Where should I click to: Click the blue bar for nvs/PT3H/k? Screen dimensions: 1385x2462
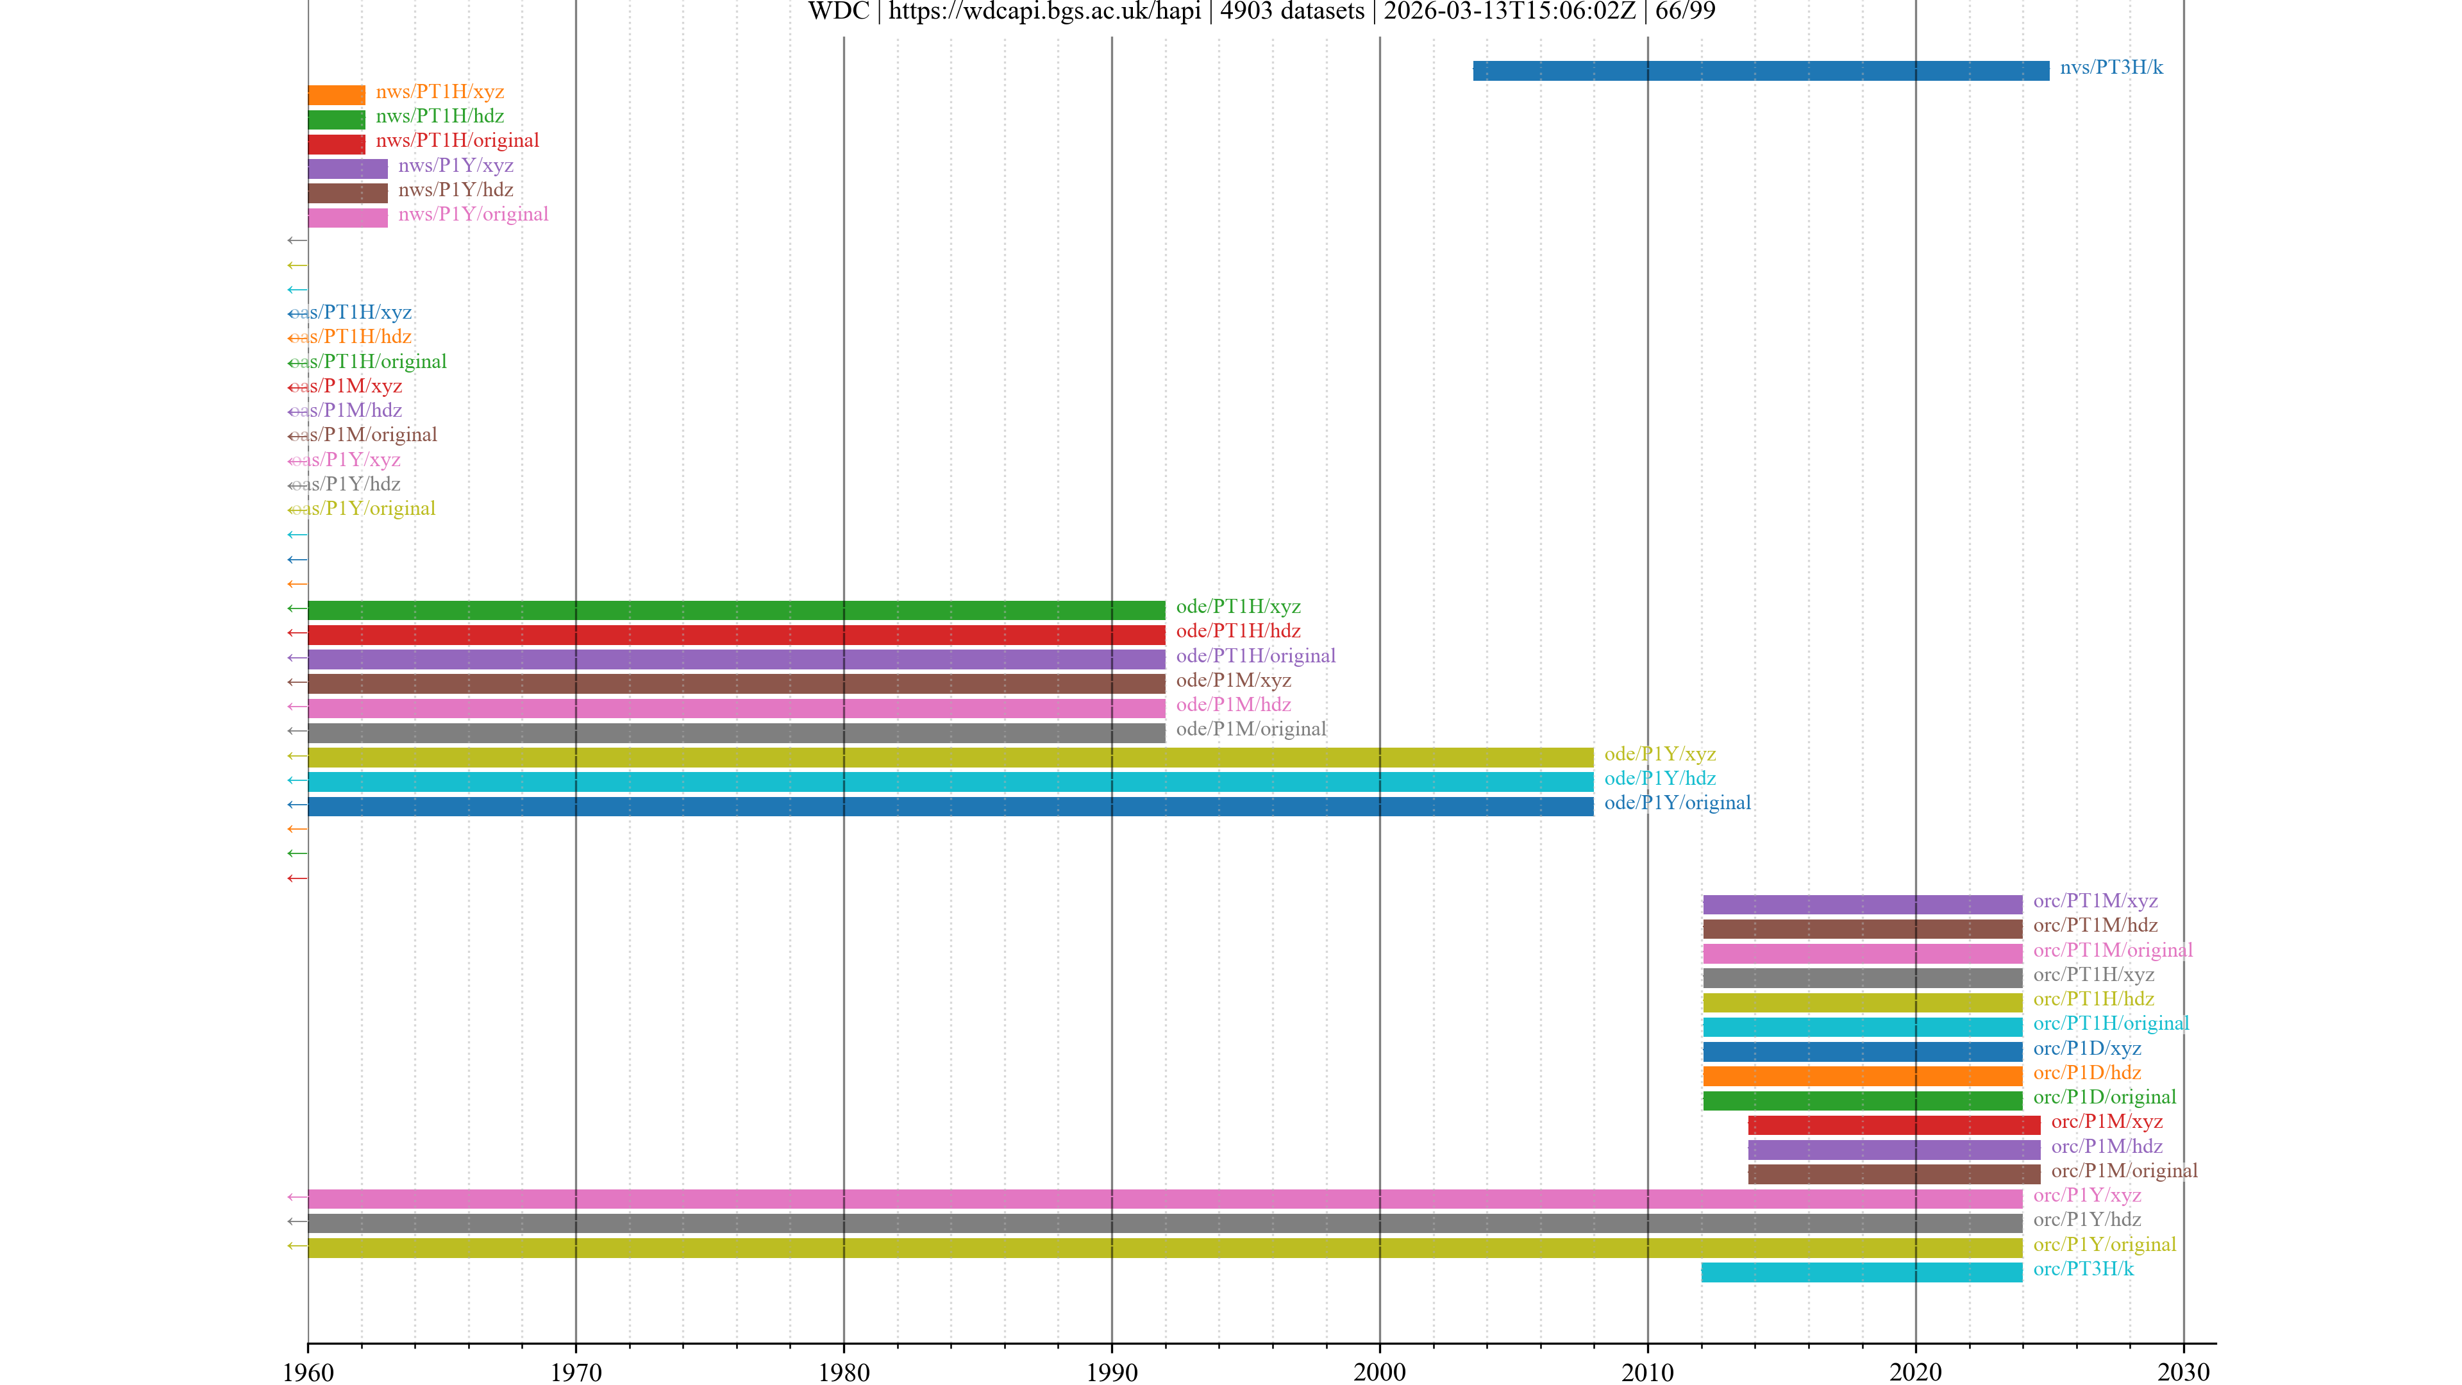click(1761, 71)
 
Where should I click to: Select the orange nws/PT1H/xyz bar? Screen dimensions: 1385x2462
click(337, 95)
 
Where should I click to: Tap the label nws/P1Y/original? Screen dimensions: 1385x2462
click(473, 214)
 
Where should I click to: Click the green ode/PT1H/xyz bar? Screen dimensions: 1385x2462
click(736, 610)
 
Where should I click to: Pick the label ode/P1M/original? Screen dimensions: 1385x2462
click(1250, 729)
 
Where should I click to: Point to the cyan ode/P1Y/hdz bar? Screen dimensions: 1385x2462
click(950, 782)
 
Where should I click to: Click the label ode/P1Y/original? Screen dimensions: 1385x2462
click(1677, 803)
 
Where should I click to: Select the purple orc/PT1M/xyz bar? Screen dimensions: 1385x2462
click(1862, 904)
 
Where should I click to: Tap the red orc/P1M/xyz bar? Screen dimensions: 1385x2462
click(1893, 1125)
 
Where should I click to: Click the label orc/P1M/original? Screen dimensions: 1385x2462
click(2123, 1171)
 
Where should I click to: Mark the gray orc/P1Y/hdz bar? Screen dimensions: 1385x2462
click(1164, 1223)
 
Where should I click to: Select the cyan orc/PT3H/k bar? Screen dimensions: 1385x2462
click(1861, 1272)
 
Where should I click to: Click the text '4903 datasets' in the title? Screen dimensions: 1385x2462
click(1291, 12)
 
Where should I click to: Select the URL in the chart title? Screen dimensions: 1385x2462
click(1044, 12)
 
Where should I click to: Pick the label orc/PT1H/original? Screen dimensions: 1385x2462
click(2110, 1024)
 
